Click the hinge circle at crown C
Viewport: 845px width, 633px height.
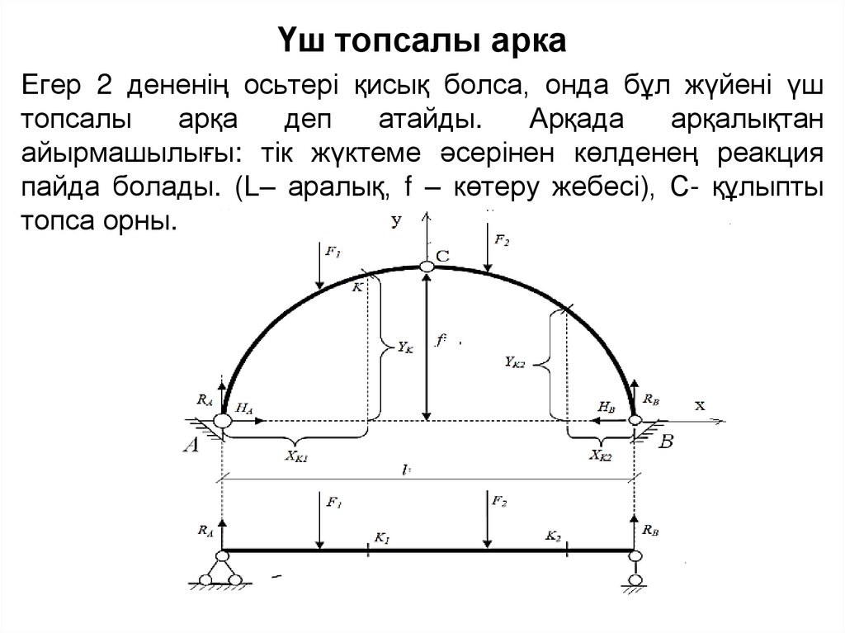click(x=426, y=267)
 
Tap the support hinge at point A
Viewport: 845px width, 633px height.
click(x=222, y=421)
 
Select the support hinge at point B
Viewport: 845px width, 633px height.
click(x=635, y=420)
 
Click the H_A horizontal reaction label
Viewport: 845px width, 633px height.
click(x=244, y=407)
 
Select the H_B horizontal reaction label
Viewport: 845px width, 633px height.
click(x=607, y=407)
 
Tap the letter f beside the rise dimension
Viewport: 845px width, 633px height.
click(x=442, y=339)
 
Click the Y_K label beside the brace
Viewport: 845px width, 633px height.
click(x=404, y=348)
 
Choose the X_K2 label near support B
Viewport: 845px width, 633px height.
click(x=600, y=453)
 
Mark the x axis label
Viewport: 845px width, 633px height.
click(x=700, y=405)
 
